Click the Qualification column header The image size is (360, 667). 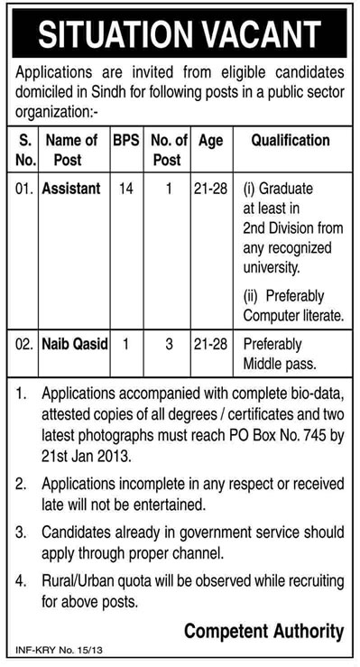(290, 141)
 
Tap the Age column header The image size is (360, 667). (210, 141)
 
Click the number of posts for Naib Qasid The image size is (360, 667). (168, 345)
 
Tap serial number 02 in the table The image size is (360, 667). (24, 345)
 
